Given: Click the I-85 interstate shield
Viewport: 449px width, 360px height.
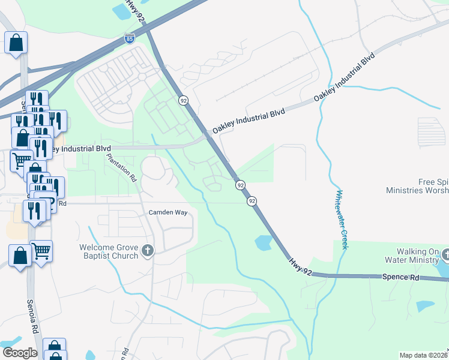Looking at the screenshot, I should pos(130,39).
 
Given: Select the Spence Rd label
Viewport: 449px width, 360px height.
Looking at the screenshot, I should pos(398,277).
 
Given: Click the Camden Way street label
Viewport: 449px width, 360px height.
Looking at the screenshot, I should pos(168,212).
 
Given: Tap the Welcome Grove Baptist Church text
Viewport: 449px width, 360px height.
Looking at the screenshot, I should pos(109,252).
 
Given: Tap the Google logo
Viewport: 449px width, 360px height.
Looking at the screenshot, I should pos(19,353).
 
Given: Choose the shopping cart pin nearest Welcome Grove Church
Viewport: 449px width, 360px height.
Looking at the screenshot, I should pos(41,251).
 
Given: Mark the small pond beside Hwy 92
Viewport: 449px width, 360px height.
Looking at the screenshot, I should pos(263,242).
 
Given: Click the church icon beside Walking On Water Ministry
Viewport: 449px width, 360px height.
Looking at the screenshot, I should pos(445,256).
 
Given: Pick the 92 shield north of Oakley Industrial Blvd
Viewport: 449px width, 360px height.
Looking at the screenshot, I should pos(182,100).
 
